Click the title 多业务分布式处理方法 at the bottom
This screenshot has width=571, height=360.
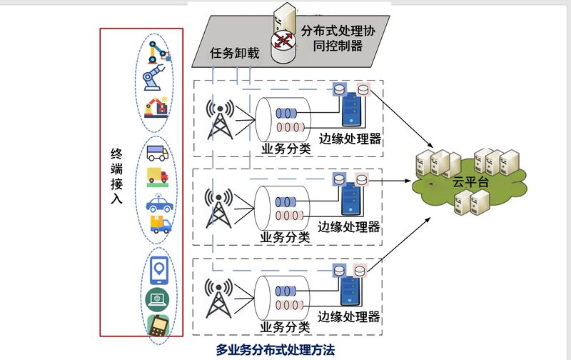pyautogui.click(x=276, y=350)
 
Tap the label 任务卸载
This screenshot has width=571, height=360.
pyautogui.click(x=235, y=54)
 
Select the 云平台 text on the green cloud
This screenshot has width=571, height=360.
pyautogui.click(x=471, y=181)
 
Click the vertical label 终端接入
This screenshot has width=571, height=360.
pyautogui.click(x=117, y=176)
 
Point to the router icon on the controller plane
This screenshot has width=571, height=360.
pyautogui.click(x=285, y=40)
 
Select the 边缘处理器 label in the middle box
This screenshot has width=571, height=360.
pyautogui.click(x=349, y=228)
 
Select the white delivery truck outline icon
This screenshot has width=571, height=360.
pyautogui.click(x=157, y=153)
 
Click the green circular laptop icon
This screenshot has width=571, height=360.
pyautogui.click(x=158, y=298)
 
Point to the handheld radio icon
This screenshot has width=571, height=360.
pyautogui.click(x=158, y=326)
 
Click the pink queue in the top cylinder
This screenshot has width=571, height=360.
pyautogui.click(x=288, y=126)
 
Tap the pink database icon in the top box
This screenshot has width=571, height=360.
pyautogui.click(x=365, y=89)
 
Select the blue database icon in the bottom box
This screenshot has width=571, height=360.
pyautogui.click(x=340, y=272)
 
